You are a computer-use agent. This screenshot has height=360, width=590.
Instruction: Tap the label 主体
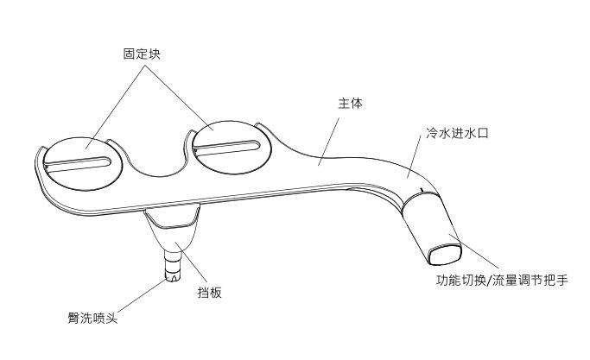tap(349, 103)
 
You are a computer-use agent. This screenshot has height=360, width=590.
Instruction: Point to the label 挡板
tap(210, 293)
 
